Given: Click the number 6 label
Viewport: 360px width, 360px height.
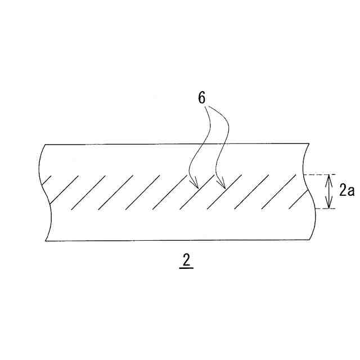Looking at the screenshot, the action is pos(201,97).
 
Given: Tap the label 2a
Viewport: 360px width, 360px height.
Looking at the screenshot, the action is pos(346,191).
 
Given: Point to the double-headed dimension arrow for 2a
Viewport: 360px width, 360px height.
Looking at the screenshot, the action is pos(328,191).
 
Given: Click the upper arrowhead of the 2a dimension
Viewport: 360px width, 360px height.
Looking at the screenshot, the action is pos(328,177).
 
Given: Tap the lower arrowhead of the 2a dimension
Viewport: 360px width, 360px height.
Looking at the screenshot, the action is pos(328,206).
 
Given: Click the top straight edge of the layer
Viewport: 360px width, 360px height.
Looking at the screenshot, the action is pos(174,144).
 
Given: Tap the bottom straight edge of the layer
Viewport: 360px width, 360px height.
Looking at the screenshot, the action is pos(174,241).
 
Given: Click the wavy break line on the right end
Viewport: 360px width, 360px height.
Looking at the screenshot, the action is pos(307,191).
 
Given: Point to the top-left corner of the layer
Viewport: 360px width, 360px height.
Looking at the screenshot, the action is pos(44,145).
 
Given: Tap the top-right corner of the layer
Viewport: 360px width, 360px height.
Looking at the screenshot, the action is pos(309,144).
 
